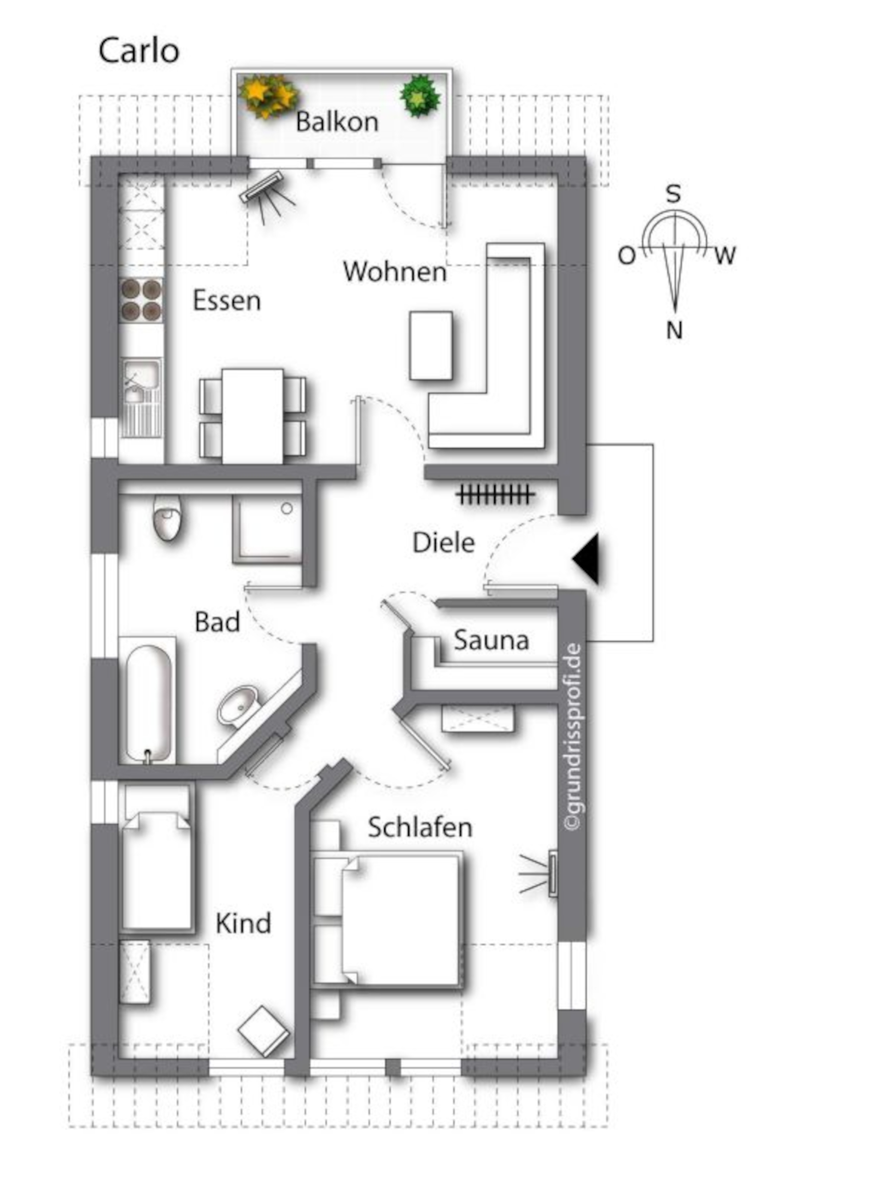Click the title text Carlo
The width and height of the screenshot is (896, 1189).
point(139,51)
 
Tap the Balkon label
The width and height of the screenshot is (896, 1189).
point(337,121)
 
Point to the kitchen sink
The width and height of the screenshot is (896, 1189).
point(141,397)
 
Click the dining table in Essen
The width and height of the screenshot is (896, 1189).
point(252,416)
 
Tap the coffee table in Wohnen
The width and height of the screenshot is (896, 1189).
point(431,346)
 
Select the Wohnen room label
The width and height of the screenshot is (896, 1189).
point(395,271)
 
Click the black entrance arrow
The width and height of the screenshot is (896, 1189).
point(586,559)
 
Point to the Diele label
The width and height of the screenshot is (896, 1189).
point(444,543)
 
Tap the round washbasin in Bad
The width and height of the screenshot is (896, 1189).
point(240,706)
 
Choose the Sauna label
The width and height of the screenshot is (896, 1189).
point(491,640)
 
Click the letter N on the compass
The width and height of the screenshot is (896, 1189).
point(674,330)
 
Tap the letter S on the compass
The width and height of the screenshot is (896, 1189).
point(673,194)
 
